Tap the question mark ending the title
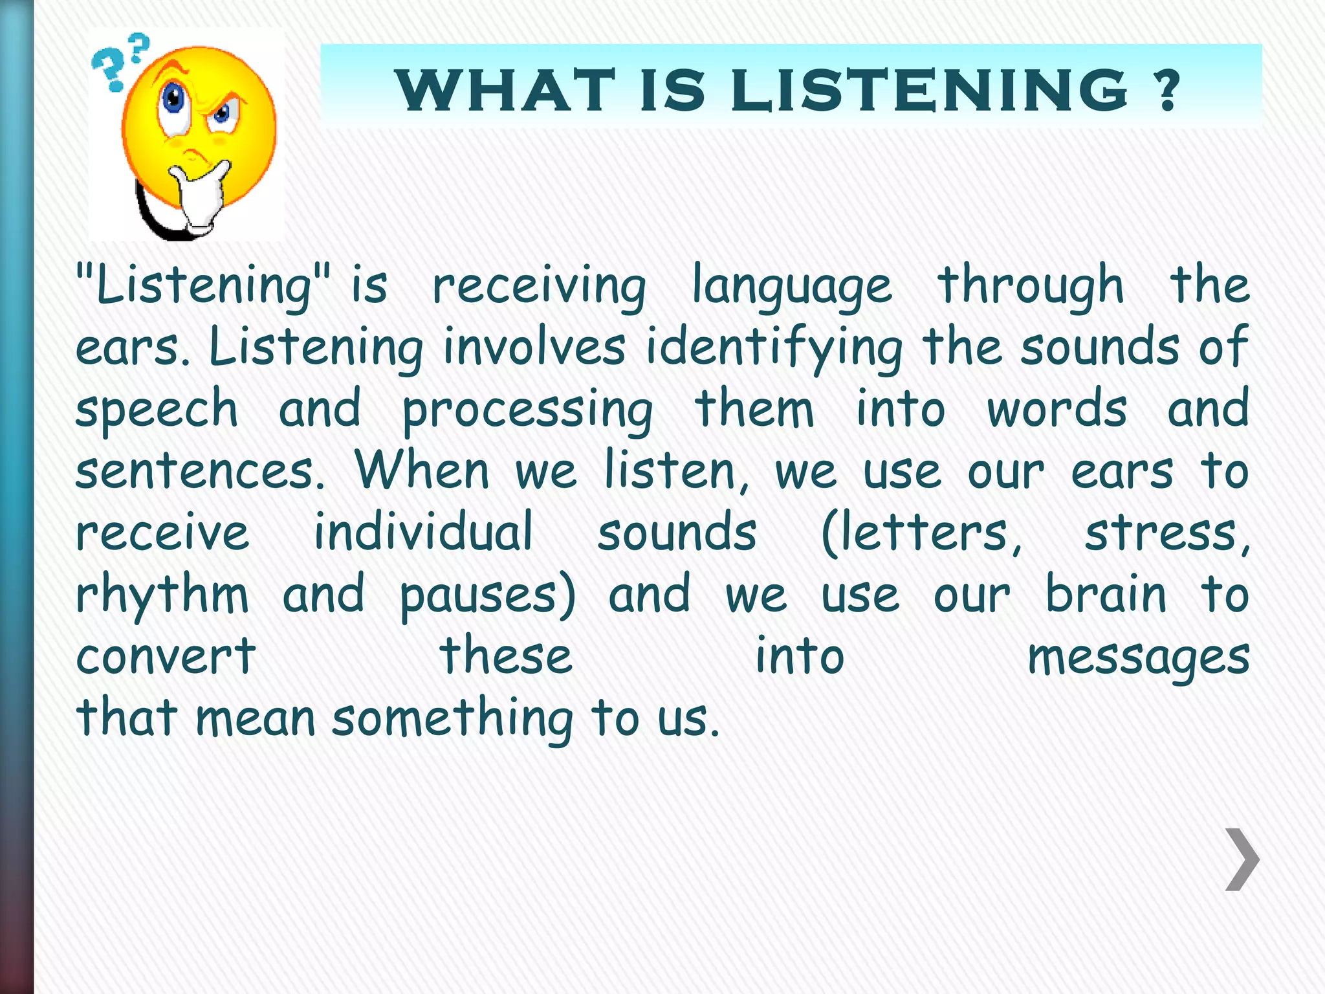1168,91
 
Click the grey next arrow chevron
1242,859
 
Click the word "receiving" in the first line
539,286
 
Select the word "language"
792,286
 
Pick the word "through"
1031,286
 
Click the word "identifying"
774,348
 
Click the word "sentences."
200,471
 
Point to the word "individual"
424,533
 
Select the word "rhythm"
162,595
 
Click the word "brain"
1106,595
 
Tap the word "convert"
166,656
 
